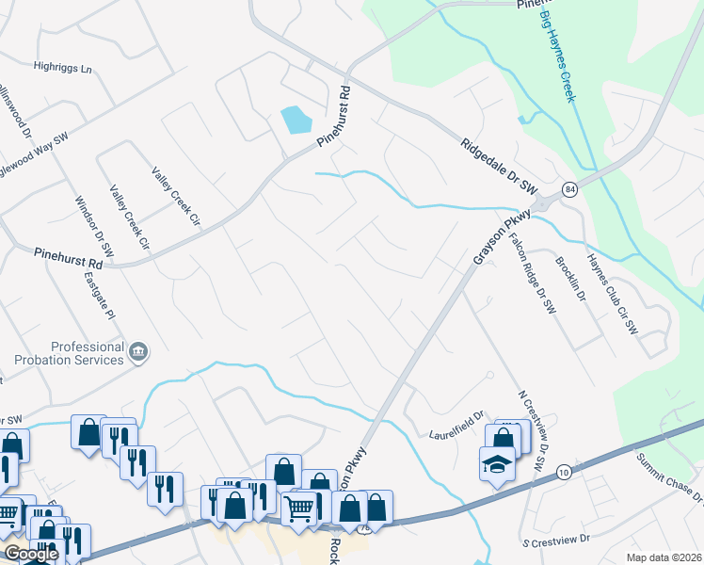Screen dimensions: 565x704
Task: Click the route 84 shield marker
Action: [569, 189]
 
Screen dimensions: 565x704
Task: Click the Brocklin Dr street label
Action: [570, 279]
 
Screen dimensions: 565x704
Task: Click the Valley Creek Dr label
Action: [130, 218]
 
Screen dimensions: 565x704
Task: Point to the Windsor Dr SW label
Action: [94, 226]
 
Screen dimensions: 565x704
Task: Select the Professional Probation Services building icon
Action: [138, 352]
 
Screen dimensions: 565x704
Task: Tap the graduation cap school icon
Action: [496, 464]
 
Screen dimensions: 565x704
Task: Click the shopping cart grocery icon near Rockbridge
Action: [299, 508]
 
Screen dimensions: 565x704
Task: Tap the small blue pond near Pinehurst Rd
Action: [296, 120]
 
